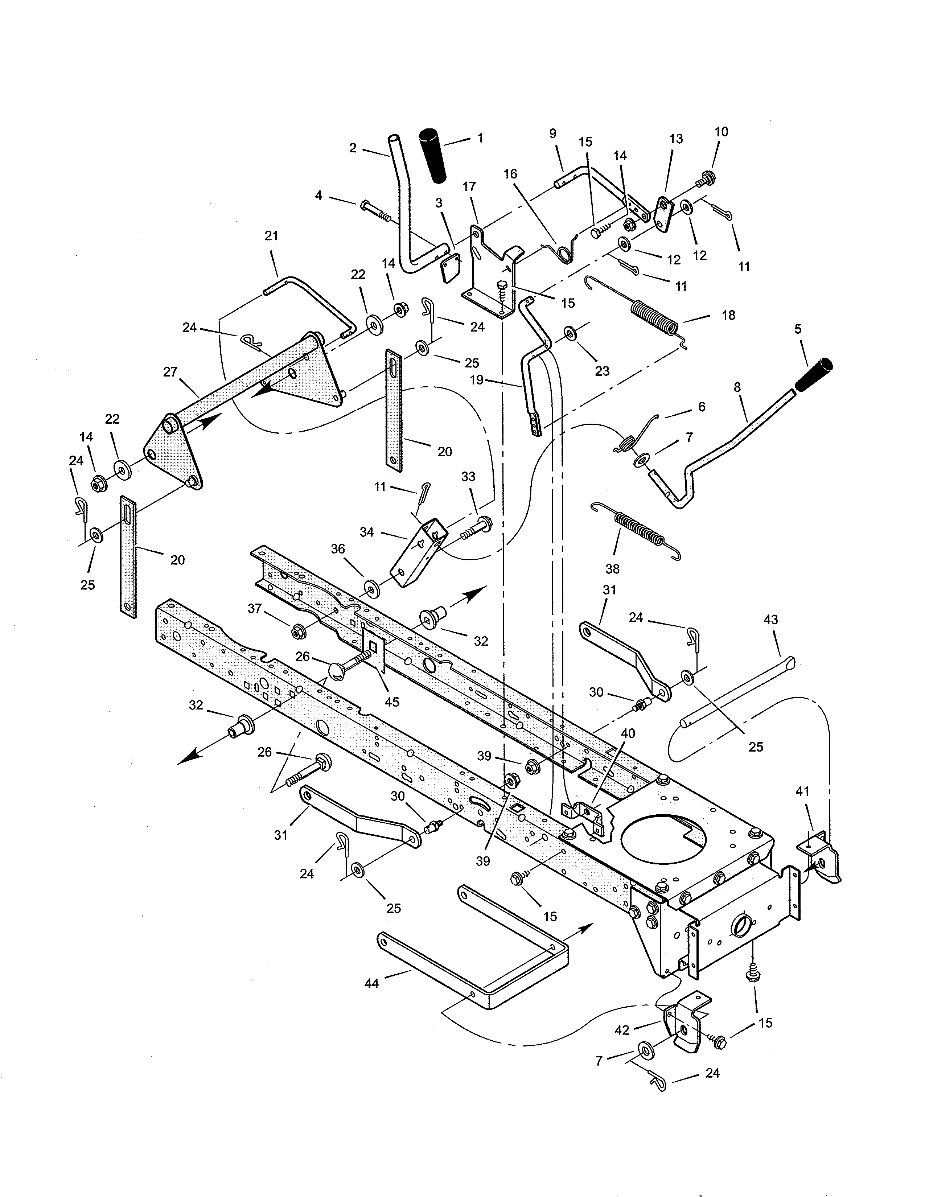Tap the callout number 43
770,620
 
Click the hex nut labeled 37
299,632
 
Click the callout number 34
367,532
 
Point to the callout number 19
477,379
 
